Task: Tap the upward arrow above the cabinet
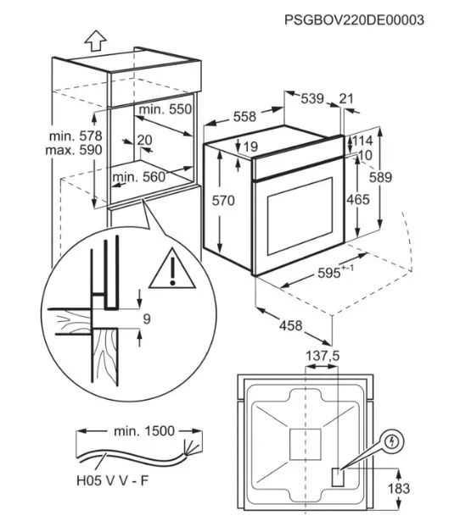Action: tap(94, 39)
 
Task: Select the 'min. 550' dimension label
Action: tap(166, 109)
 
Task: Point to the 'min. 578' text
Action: tap(74, 136)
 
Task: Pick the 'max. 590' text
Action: tap(74, 150)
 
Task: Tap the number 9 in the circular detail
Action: tap(146, 319)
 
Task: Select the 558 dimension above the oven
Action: tap(244, 118)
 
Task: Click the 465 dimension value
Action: tap(358, 200)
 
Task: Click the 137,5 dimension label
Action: tap(322, 357)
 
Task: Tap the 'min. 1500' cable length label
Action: tap(143, 431)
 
